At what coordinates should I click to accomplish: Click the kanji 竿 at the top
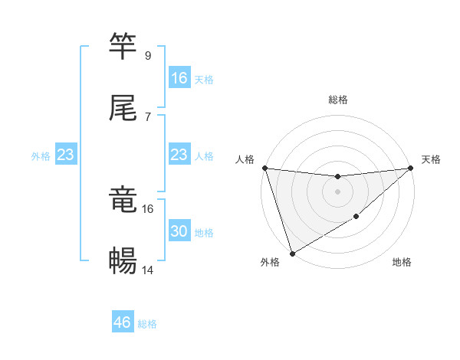pyautogui.click(x=123, y=45)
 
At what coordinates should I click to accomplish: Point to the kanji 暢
pyautogui.click(x=123, y=260)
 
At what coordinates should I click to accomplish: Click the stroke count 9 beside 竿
pyautogui.click(x=147, y=55)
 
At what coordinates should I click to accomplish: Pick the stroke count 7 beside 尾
pyautogui.click(x=147, y=116)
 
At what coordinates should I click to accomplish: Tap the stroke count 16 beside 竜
pyautogui.click(x=148, y=208)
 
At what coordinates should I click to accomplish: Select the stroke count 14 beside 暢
pyautogui.click(x=148, y=270)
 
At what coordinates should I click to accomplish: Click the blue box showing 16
pyautogui.click(x=179, y=78)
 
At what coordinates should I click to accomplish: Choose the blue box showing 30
pyautogui.click(x=179, y=231)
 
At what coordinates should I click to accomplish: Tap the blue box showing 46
pyautogui.click(x=123, y=322)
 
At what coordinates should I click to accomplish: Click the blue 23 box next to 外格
pyautogui.click(x=66, y=155)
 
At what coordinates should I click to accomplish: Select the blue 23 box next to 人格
pyautogui.click(x=179, y=155)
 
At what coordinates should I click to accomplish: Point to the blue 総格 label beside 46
pyautogui.click(x=147, y=324)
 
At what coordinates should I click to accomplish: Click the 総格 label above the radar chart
pyautogui.click(x=338, y=100)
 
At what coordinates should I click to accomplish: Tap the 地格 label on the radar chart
pyautogui.click(x=402, y=263)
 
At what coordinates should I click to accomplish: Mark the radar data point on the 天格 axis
pyautogui.click(x=410, y=168)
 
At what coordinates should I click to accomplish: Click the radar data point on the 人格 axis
pyautogui.click(x=264, y=168)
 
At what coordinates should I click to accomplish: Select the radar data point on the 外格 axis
pyautogui.click(x=292, y=253)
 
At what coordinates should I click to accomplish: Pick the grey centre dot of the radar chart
pyautogui.click(x=337, y=191)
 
